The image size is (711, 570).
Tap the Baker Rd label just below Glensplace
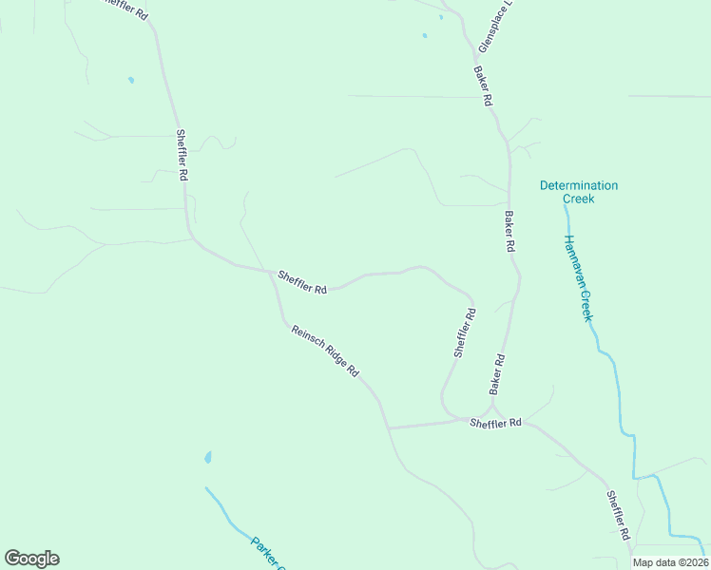pos(483,86)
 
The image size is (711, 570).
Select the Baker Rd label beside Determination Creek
pos(509,231)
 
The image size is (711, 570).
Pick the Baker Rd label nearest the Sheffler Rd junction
pos(496,374)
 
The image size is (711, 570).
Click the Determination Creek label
pos(578,192)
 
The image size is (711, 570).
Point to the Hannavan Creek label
pos(578,277)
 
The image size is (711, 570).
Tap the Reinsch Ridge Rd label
pos(325,351)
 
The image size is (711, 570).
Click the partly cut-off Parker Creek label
pos(268,555)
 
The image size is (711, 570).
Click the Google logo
pos(31,559)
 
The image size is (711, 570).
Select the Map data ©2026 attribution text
pos(669,562)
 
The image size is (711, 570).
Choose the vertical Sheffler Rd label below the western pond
pos(182,156)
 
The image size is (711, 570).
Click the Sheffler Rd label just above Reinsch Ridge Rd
pos(302,282)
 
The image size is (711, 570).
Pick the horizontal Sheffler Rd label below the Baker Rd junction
pos(496,423)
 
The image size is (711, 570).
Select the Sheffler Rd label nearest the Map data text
pos(618,515)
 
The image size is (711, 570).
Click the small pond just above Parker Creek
pos(207,458)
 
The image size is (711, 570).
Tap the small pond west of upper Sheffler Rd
pos(131,80)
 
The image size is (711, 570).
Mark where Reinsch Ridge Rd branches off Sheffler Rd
pos(272,273)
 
